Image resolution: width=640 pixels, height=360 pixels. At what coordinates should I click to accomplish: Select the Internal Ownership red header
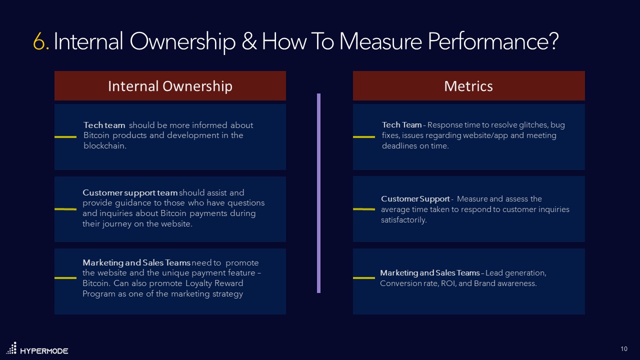coord(170,86)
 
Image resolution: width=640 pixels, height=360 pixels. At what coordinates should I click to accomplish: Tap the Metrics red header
coord(468,86)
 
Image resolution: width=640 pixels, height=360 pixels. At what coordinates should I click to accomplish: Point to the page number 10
coord(624,348)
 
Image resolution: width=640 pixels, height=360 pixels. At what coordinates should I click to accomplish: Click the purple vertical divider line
coord(318,192)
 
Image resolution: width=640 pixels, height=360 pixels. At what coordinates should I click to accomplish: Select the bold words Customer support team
coord(130,192)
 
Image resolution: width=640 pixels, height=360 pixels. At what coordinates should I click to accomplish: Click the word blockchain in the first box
coord(105,146)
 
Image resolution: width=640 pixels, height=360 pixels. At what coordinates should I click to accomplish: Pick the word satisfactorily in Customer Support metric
coord(404,220)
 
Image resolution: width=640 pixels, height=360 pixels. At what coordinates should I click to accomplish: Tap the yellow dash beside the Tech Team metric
coord(364,136)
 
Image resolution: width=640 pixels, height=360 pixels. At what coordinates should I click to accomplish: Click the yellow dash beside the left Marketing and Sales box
coord(65,278)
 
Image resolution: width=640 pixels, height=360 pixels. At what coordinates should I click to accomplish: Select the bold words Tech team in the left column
coord(104,125)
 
